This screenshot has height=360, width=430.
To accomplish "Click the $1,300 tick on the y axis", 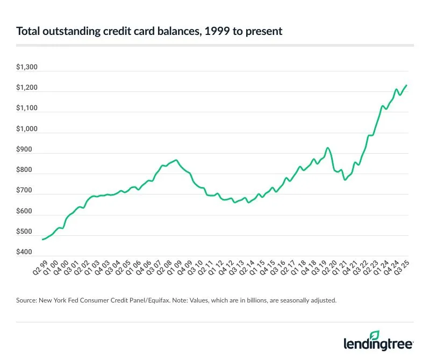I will pos(27,68).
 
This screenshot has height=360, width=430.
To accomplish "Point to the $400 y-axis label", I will pos(25,252).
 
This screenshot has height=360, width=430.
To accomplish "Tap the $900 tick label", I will pos(25,150).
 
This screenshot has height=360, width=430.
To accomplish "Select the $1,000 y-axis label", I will pos(27,129).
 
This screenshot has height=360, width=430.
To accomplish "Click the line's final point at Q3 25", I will pos(406,85).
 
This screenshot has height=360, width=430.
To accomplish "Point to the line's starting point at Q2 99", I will pos(42,239).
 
